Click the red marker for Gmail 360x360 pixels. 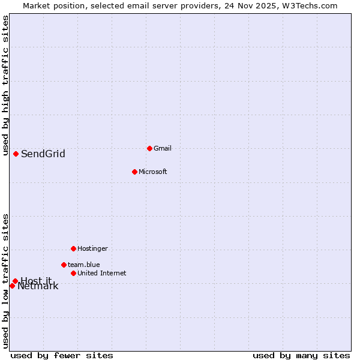click(149, 148)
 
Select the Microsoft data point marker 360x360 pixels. click(134, 172)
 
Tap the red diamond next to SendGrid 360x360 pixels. click(16, 154)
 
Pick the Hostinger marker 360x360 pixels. click(73, 248)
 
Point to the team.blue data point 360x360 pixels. click(64, 265)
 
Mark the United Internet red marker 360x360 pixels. click(73, 273)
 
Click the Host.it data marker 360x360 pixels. click(15, 281)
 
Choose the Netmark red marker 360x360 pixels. click(12, 286)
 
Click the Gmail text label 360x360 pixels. click(163, 148)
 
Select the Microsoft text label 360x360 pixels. click(152, 172)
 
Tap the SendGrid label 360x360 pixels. click(43, 154)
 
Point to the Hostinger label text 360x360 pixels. click(92, 248)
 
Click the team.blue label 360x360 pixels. click(83, 265)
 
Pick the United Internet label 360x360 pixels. click(101, 273)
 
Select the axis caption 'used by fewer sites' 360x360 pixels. click(62, 356)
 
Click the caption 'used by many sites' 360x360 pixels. click(301, 356)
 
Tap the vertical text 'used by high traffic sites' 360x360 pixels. click(5, 85)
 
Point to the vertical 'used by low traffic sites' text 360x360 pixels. click(5, 281)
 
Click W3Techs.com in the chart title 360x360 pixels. click(310, 5)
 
